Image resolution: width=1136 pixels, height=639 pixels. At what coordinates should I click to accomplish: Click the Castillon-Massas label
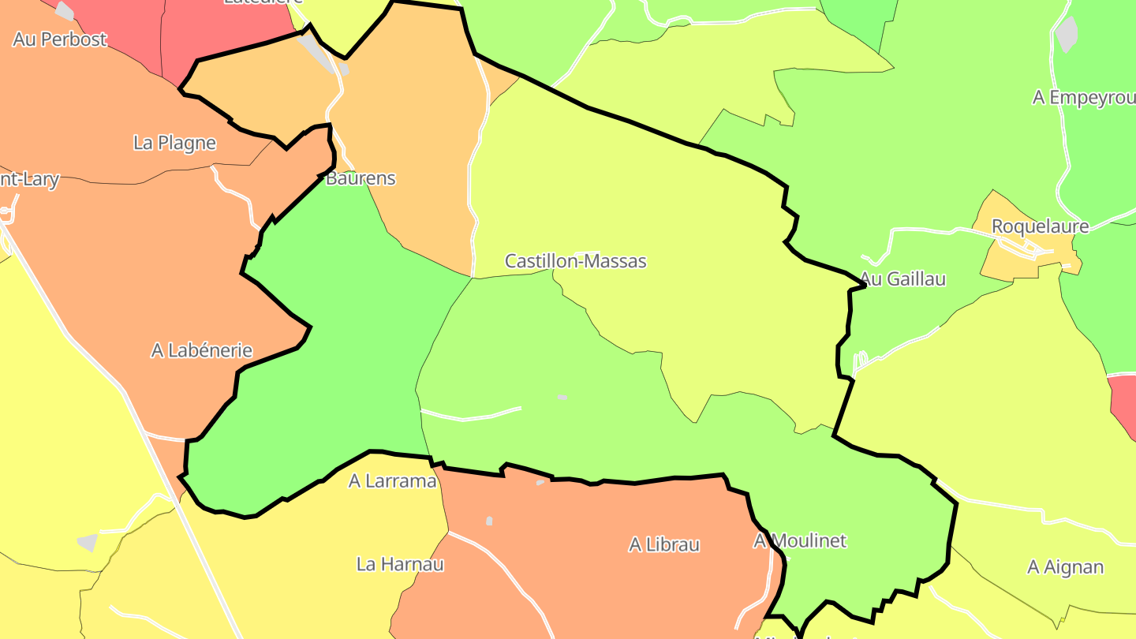click(x=575, y=261)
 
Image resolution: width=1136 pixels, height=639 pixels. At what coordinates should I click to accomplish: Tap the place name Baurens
click(x=361, y=178)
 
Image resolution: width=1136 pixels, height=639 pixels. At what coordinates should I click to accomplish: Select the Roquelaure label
click(x=1040, y=226)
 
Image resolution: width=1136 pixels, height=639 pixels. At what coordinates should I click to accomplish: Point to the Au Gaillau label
click(x=902, y=279)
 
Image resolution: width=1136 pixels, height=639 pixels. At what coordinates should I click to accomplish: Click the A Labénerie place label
click(x=202, y=350)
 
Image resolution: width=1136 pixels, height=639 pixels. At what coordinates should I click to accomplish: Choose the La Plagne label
click(x=174, y=143)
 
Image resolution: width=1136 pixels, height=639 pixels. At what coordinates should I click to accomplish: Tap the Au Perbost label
click(x=60, y=39)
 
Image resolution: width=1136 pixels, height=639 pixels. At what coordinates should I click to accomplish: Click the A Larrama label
click(x=392, y=480)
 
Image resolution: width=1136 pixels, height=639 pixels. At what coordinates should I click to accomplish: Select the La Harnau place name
click(x=400, y=564)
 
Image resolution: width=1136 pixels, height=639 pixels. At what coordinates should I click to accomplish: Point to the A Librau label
click(x=663, y=544)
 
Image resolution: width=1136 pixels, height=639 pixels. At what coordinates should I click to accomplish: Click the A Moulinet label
click(x=800, y=540)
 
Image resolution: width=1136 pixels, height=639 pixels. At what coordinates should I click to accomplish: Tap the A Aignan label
click(x=1065, y=567)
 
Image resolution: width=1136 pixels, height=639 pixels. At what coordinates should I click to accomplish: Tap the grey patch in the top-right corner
click(x=1067, y=34)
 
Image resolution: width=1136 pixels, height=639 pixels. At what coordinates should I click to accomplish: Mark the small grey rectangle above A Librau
click(x=489, y=521)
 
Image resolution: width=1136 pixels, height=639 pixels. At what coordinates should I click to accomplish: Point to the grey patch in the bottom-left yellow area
click(x=88, y=543)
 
